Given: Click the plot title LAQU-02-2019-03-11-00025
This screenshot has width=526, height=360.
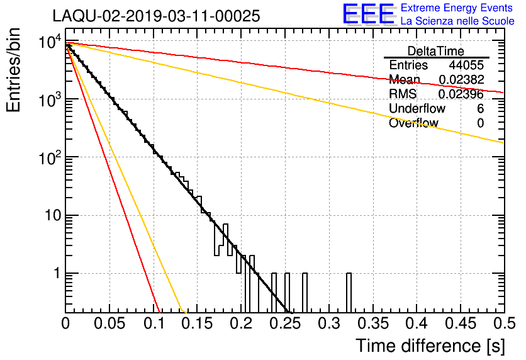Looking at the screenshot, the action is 156,16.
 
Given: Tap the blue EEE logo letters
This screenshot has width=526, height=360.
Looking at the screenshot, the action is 369,14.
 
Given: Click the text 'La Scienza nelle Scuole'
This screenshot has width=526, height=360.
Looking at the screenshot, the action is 457,21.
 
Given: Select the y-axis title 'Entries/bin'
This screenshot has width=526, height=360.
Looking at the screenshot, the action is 13,70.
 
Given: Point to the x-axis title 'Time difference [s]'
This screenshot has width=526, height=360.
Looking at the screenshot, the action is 430,346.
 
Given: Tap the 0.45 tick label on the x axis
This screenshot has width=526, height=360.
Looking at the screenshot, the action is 461,323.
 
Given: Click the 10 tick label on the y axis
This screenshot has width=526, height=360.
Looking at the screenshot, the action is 53,215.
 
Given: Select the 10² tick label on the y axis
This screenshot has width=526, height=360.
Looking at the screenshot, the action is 50,157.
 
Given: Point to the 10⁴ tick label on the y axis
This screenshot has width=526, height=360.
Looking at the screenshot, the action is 50,42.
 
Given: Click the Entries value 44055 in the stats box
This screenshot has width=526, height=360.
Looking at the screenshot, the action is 466,65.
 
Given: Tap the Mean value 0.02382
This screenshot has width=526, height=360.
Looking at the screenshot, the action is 462,79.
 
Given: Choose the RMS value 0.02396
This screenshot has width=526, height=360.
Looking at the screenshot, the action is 461,94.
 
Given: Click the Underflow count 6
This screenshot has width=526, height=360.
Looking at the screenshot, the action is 480,109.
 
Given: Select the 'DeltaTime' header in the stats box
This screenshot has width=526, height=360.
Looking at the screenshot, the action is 436,51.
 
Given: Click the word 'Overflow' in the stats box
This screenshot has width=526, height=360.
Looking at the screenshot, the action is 413,123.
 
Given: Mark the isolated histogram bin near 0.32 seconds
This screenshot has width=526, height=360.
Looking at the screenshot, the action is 349,293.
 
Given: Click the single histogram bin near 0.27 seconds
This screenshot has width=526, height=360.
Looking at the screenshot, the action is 305,293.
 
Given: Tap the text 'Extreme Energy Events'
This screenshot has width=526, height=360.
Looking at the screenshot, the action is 457,8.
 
